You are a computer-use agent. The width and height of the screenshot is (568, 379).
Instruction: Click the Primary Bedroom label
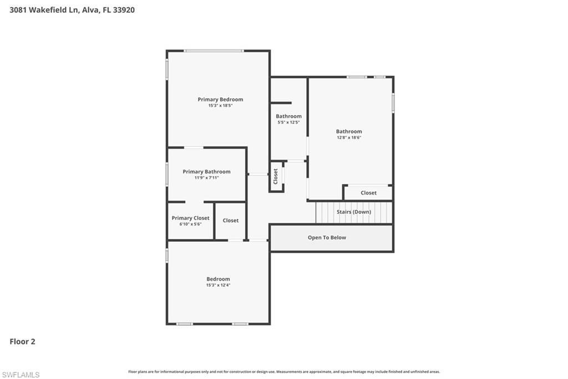pos(220,99)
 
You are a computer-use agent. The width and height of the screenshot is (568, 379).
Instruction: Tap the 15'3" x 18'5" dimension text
pos(220,106)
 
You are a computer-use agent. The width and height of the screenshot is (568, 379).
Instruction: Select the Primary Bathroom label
pos(206,172)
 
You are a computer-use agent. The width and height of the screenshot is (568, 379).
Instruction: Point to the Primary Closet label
pos(190,218)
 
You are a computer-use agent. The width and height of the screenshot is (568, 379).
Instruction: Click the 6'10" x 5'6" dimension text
pos(190,224)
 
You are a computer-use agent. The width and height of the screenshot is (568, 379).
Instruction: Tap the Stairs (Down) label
pos(354,212)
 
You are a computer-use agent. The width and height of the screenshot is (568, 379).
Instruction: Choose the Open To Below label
pos(327,237)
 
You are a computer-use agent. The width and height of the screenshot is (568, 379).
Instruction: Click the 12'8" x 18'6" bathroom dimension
pos(349,138)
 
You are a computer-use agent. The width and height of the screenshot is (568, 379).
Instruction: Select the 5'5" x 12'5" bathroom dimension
pos(288,122)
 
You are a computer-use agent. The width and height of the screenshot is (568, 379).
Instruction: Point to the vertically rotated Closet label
pos(276,176)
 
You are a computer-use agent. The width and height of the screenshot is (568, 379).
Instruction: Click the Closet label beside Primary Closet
pos(231,221)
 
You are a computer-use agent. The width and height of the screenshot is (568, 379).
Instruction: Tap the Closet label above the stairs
pos(368,193)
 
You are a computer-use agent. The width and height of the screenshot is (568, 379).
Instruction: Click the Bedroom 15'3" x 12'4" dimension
pos(218,285)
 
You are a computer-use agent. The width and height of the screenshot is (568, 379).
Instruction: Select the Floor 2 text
pos(22,342)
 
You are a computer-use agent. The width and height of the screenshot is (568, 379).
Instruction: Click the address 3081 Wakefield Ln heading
pos(72,9)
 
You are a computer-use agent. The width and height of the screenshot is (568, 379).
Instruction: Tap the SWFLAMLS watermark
pos(21,375)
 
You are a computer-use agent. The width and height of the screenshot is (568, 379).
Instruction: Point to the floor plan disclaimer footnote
pos(284,372)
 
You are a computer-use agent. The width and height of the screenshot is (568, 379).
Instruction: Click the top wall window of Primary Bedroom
pos(214,51)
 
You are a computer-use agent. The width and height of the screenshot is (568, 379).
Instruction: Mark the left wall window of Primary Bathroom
pos(167,174)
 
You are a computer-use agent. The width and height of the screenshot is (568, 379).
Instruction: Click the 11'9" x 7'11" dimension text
pos(206,178)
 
